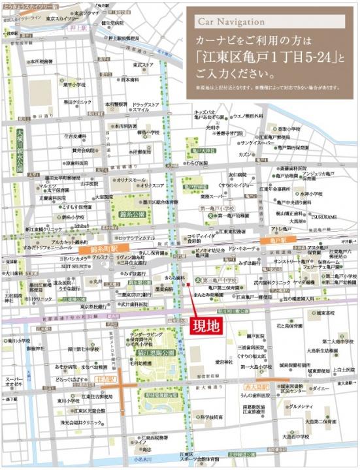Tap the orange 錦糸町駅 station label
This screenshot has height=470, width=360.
tap(98, 249)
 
